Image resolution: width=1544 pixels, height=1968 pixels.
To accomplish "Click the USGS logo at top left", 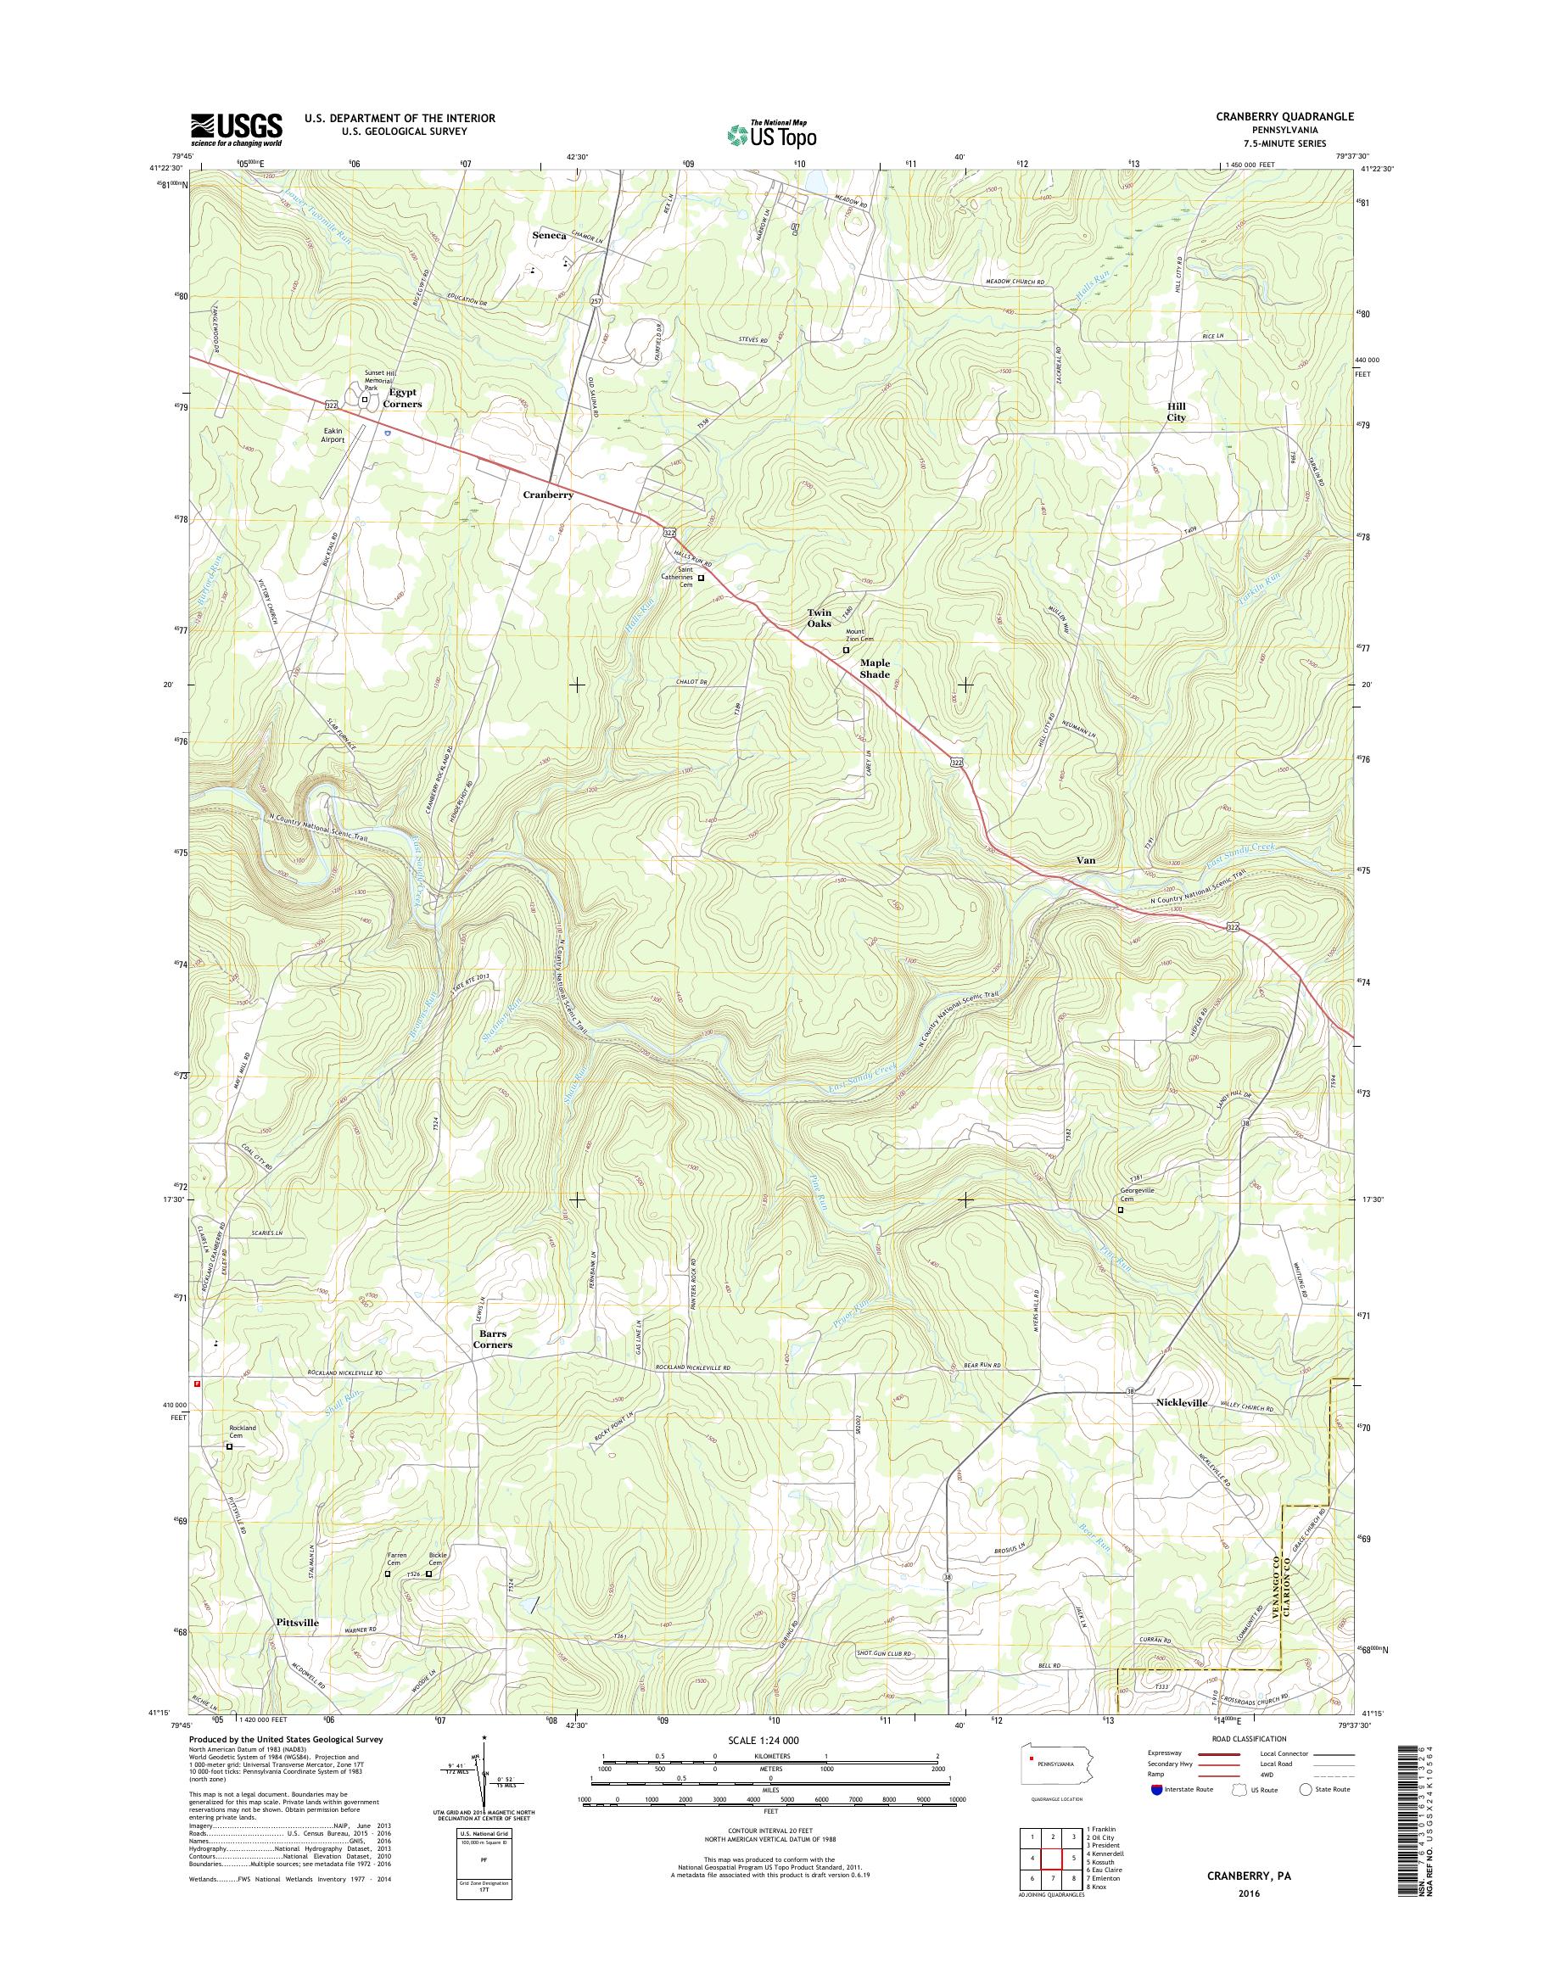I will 236,129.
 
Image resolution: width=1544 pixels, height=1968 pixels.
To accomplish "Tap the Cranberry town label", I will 548,495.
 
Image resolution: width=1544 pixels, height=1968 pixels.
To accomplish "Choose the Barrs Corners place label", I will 493,1339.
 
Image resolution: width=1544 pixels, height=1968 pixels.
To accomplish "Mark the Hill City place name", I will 1175,412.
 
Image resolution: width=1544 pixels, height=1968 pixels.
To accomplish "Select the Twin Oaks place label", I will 819,618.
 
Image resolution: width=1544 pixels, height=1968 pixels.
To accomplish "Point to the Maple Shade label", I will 874,669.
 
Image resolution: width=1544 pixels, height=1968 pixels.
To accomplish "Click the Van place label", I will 1085,861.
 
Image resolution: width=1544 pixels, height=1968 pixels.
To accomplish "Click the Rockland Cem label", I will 243,1433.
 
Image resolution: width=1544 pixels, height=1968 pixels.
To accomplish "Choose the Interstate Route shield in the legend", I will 1156,1789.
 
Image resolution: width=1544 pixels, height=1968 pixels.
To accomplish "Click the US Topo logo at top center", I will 771,133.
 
